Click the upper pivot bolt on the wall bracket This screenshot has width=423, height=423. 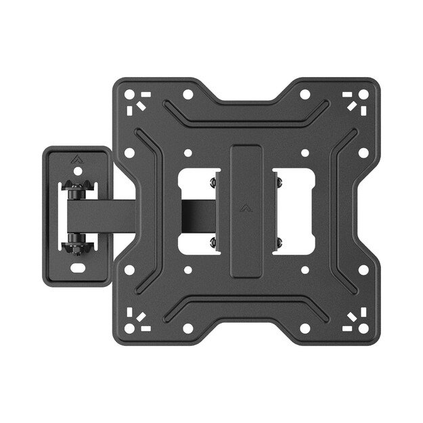click(x=76, y=192)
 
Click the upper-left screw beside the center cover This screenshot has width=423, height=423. click(x=213, y=181)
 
